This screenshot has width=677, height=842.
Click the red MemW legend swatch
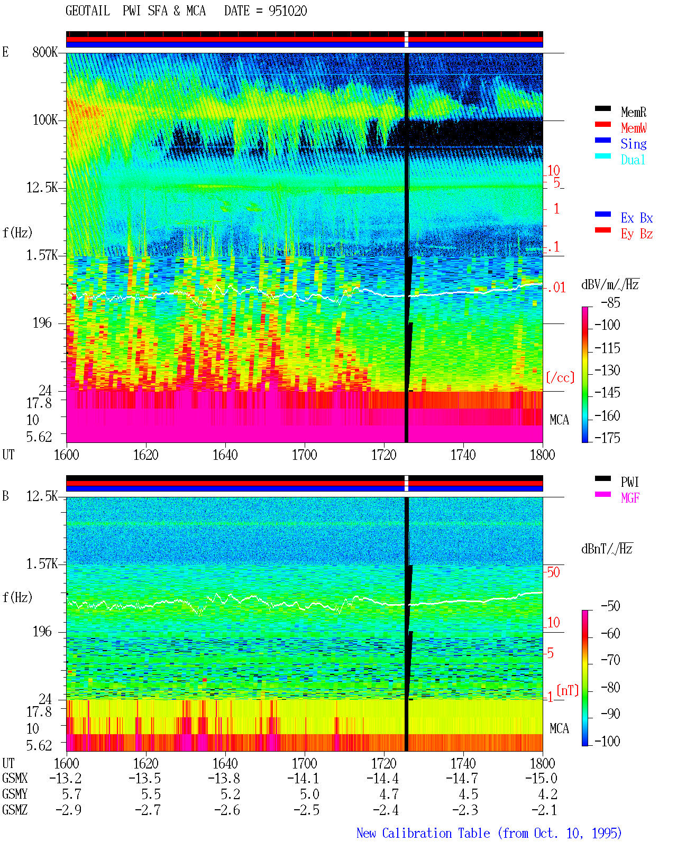coord(602,124)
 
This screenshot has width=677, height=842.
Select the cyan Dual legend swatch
coord(602,156)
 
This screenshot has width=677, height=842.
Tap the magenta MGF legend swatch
coord(602,494)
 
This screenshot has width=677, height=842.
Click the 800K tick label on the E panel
coord(45,52)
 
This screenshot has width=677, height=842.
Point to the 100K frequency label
coord(45,120)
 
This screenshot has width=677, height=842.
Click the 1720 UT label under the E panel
coord(384,455)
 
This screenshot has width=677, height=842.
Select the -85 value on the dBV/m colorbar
coord(610,303)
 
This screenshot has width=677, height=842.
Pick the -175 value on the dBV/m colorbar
coord(607,438)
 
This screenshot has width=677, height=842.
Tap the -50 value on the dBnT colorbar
coord(610,606)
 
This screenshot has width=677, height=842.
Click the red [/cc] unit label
coord(560,377)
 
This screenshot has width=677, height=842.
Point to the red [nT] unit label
coord(568,690)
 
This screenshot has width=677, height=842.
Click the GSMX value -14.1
coord(304,779)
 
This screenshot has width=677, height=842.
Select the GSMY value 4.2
coord(547,794)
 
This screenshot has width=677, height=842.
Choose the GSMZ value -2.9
coord(69,810)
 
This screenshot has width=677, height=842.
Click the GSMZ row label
coord(15,810)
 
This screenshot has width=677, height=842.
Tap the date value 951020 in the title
coord(288,11)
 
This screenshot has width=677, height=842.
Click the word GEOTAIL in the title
coord(88,11)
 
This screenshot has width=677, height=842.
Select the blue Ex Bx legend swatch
coord(602,214)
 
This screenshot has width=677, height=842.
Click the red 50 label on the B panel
coord(553,572)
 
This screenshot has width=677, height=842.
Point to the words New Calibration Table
coord(423,834)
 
